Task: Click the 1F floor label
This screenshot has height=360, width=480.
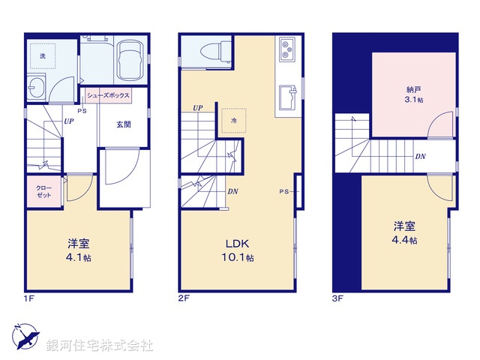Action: (28, 298)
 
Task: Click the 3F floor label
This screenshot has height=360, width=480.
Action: (338, 298)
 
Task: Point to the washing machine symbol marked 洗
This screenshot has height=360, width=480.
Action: (43, 55)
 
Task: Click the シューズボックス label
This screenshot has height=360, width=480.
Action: (109, 95)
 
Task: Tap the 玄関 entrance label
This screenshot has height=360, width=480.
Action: (124, 124)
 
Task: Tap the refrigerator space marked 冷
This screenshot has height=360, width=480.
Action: (234, 120)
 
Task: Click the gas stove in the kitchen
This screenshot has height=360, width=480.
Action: (288, 51)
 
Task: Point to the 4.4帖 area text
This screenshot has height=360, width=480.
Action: (405, 240)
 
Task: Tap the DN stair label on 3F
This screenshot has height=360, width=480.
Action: (421, 157)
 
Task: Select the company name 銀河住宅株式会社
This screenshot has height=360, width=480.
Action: (100, 345)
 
